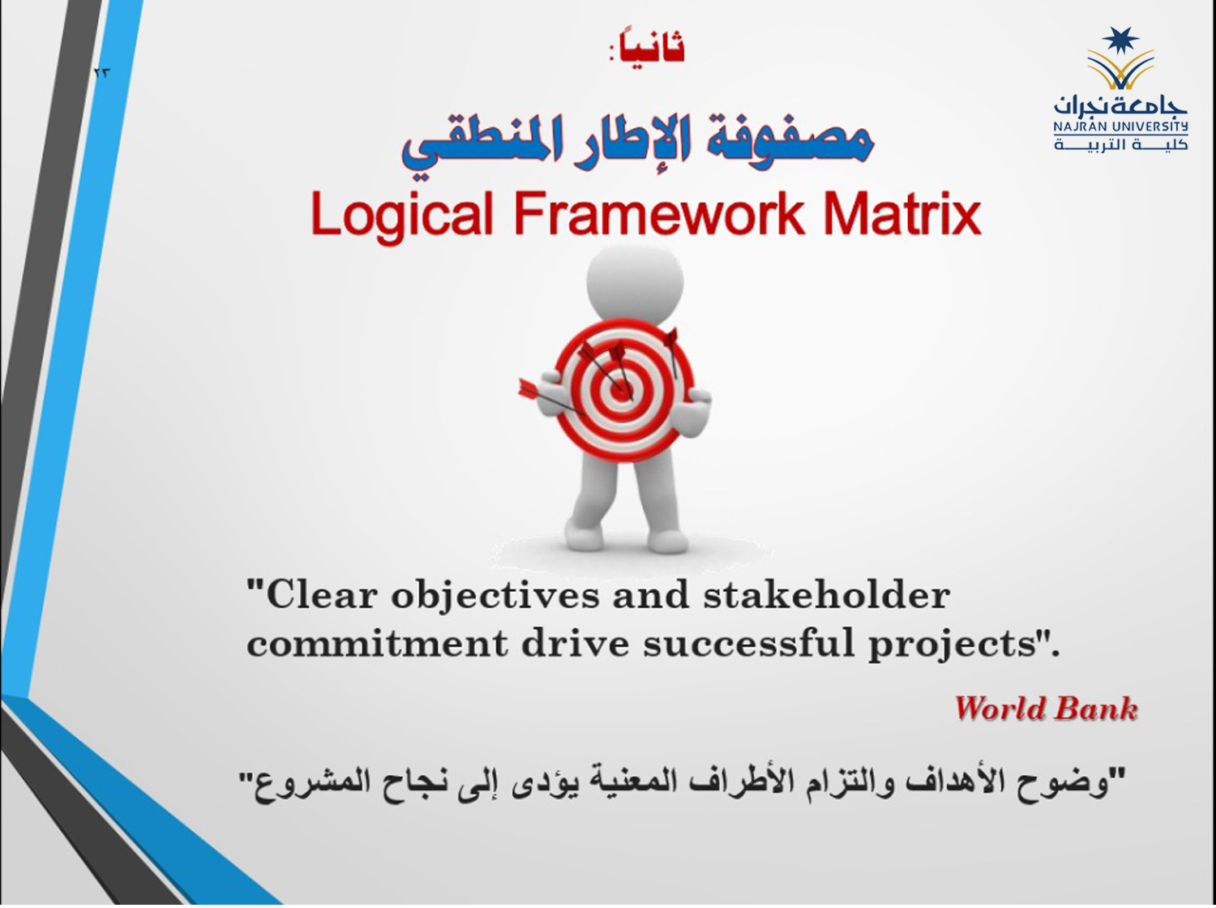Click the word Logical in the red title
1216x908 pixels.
401,216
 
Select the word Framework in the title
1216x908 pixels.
659,213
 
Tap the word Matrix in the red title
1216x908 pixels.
902,213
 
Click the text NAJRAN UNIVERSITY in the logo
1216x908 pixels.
1120,126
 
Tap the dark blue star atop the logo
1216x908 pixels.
1120,41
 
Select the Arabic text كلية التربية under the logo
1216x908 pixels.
1120,144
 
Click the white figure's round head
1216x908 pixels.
635,284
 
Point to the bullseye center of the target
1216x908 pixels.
621,391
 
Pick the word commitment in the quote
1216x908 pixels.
377,645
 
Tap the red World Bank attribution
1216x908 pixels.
1046,709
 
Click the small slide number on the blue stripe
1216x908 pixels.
102,73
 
